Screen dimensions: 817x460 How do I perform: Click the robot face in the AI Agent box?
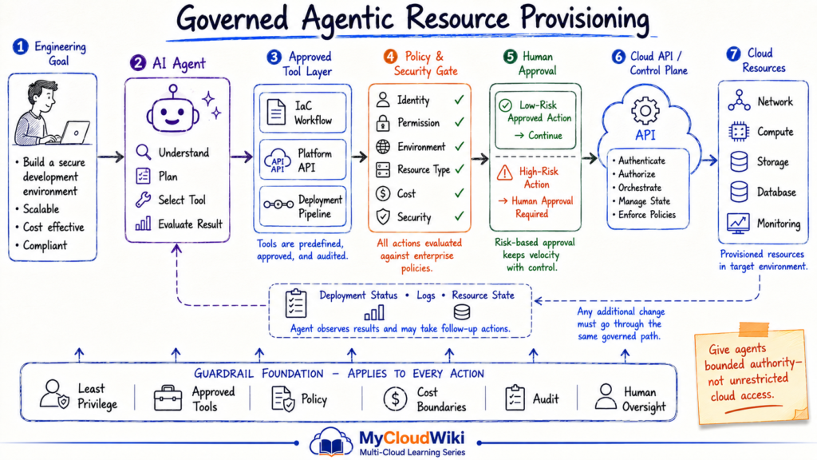[x=172, y=112]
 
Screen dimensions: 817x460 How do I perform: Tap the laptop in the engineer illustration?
[x=75, y=133]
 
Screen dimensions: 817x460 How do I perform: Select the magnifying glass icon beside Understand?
[x=144, y=152]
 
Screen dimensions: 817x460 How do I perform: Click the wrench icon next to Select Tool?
[x=143, y=200]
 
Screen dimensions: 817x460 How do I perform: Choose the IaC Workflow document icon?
[x=276, y=112]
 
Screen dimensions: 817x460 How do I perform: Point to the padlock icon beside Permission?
[x=383, y=123]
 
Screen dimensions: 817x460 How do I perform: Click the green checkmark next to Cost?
[x=459, y=193]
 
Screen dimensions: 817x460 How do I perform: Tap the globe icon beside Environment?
[x=383, y=147]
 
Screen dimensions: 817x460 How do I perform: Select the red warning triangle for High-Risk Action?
[x=504, y=172]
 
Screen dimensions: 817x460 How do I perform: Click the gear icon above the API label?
[x=645, y=110]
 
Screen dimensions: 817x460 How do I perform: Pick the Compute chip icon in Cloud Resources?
[x=739, y=132]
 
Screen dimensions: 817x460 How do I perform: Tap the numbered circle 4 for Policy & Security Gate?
[x=390, y=57]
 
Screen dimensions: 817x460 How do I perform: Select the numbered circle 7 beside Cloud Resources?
[x=734, y=54]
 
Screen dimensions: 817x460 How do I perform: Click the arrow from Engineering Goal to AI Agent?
[x=111, y=157]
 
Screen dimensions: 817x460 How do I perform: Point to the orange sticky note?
[x=752, y=375]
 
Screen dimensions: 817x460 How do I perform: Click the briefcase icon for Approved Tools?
[x=168, y=399]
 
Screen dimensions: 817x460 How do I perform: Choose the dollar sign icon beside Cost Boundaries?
[x=395, y=399]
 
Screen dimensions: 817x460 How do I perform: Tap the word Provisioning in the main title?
[x=585, y=19]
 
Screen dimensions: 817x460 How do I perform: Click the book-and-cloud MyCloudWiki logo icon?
[x=331, y=442]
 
